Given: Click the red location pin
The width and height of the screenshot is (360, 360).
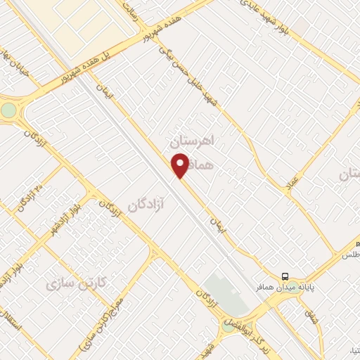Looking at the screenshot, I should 179,165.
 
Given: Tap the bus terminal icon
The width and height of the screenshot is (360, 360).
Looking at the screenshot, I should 285,276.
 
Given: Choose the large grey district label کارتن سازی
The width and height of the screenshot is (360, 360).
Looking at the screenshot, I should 75,283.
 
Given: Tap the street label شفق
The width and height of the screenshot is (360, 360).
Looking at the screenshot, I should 311,317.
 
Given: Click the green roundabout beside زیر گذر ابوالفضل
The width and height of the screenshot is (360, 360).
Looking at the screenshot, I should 228,326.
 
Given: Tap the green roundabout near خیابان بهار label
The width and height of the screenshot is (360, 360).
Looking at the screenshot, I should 8,110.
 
